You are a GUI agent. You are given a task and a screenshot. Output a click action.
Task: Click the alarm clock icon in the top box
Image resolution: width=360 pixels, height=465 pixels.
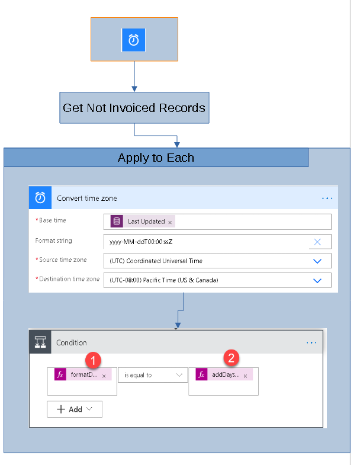click(134, 40)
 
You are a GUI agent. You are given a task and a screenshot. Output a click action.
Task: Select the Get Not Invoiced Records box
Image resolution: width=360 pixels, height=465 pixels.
click(134, 108)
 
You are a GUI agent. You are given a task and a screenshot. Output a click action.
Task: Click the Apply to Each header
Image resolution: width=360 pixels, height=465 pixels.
click(156, 158)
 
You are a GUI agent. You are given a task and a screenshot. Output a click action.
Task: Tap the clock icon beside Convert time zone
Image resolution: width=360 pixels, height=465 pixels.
click(41, 198)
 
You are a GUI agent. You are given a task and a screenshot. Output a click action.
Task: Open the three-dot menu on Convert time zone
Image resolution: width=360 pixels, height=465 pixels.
click(327, 198)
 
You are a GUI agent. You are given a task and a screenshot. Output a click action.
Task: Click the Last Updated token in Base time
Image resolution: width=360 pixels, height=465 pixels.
click(146, 222)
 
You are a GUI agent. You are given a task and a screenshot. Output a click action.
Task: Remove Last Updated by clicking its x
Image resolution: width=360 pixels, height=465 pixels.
click(170, 222)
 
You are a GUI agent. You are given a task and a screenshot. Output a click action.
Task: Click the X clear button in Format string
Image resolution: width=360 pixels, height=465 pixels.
click(317, 242)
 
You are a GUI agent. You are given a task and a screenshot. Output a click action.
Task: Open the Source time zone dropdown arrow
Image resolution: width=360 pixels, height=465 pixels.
click(317, 261)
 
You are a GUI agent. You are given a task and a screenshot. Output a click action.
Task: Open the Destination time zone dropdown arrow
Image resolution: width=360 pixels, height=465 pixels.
click(317, 280)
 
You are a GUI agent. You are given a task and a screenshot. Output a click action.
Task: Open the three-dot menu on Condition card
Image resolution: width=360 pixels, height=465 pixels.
click(311, 342)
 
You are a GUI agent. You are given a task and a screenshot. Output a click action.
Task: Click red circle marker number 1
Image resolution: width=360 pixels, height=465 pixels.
click(92, 359)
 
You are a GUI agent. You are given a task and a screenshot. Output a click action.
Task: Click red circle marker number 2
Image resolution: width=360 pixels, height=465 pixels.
click(231, 357)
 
